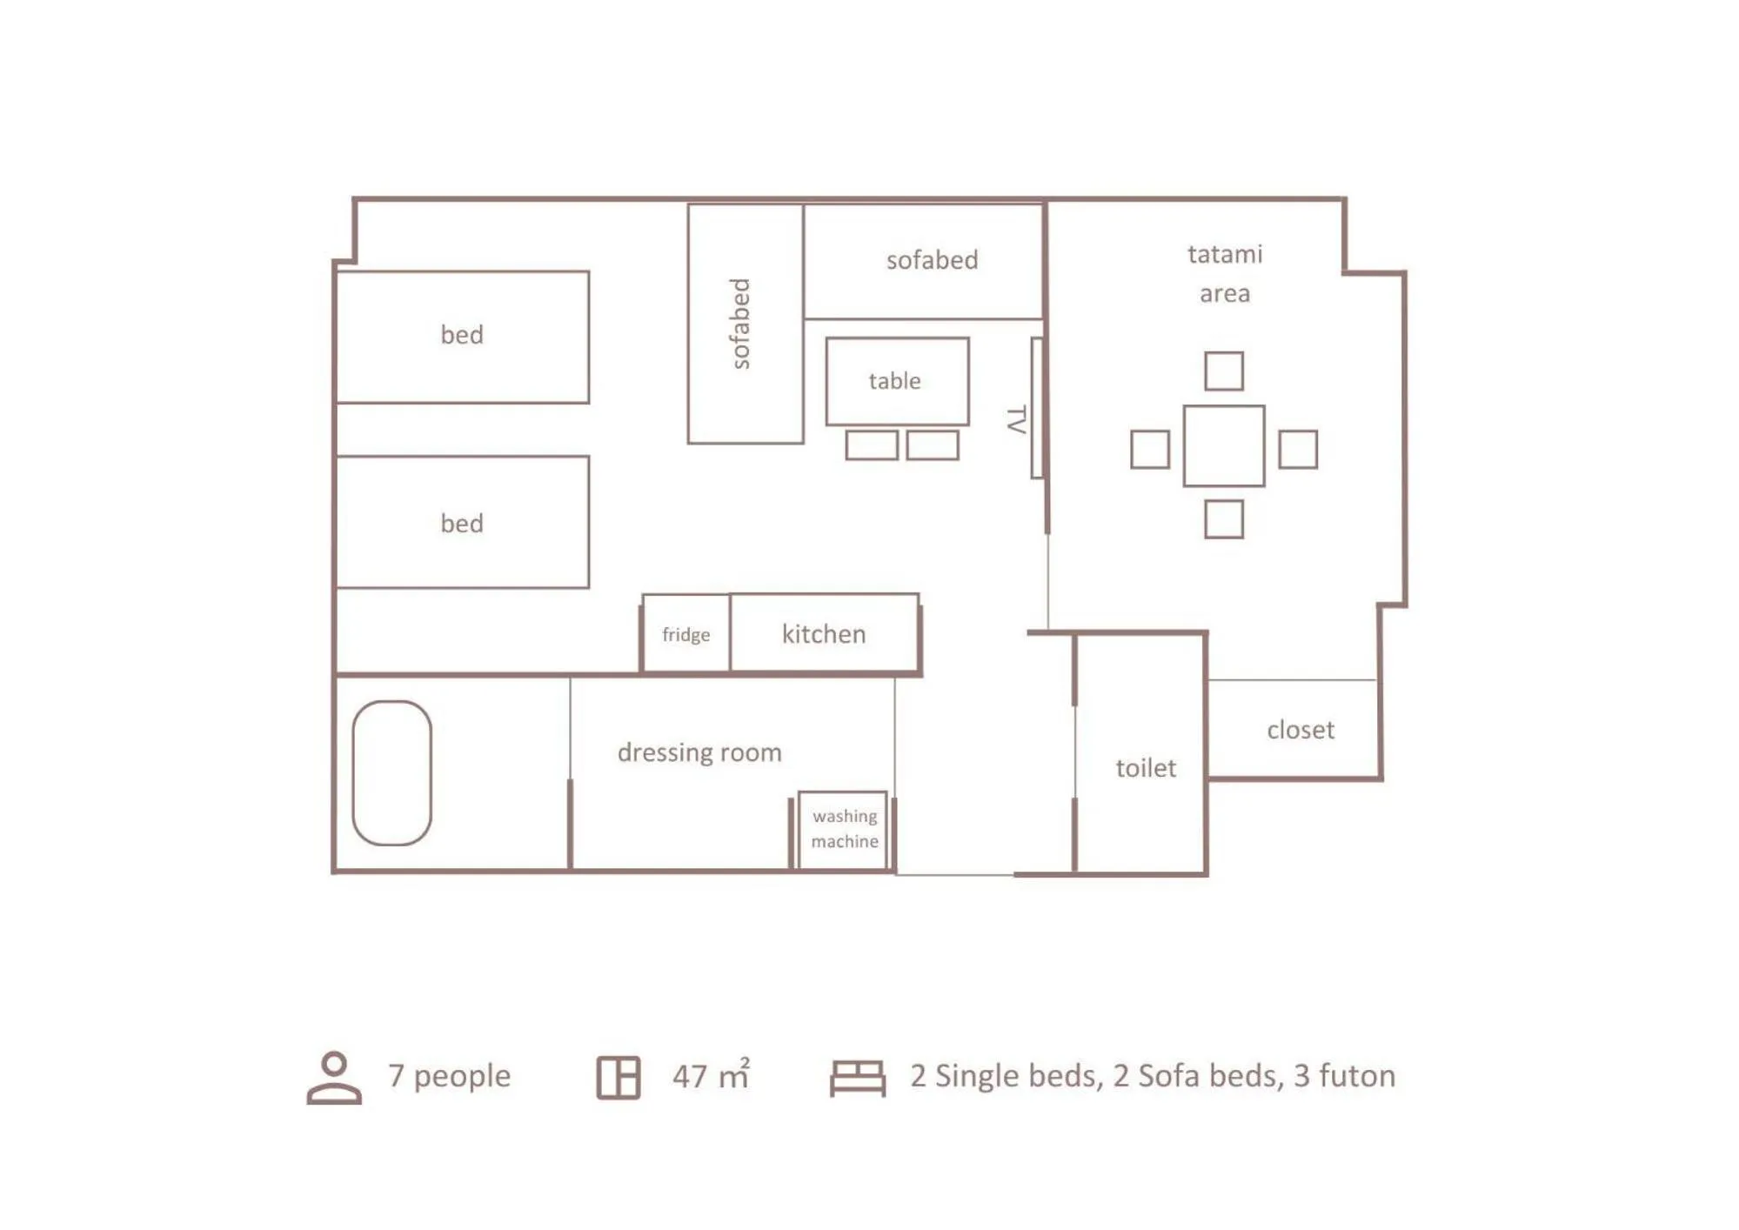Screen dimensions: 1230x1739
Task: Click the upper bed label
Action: (x=461, y=335)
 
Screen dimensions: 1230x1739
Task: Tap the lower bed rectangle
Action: (x=462, y=522)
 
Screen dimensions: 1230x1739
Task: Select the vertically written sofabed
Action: (x=740, y=324)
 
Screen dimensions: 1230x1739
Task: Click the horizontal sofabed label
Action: (x=932, y=260)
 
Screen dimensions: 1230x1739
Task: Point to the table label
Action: (x=894, y=381)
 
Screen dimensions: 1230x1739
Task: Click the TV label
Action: (x=1015, y=419)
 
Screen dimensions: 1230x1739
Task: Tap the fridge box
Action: (x=686, y=634)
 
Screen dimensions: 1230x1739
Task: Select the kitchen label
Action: (x=823, y=634)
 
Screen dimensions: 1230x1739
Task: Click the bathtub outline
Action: (x=391, y=772)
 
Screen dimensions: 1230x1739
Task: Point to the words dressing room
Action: (x=699, y=752)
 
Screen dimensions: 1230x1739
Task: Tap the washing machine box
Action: (x=843, y=829)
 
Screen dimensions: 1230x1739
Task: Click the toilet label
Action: (x=1145, y=768)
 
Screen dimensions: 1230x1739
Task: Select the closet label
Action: (x=1300, y=730)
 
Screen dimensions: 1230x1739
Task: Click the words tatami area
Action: (x=1224, y=273)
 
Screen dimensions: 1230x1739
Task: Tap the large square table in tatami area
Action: (x=1223, y=445)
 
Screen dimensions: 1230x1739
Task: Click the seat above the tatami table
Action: (x=1223, y=371)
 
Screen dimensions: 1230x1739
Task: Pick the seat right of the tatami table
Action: (x=1297, y=449)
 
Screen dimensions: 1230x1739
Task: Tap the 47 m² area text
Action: (x=710, y=1076)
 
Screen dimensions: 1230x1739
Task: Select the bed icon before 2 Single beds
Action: (x=857, y=1078)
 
